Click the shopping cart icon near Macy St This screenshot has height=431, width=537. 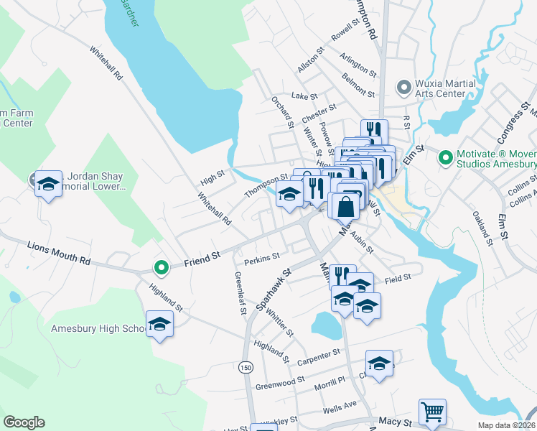(432, 412)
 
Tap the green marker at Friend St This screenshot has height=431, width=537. (162, 268)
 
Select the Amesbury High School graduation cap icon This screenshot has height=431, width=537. (159, 325)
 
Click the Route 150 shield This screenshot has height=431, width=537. (246, 367)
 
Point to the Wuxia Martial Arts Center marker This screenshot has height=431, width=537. (403, 88)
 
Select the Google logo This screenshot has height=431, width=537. (24, 422)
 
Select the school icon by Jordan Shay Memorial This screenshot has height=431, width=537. (48, 185)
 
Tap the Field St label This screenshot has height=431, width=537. (397, 277)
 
